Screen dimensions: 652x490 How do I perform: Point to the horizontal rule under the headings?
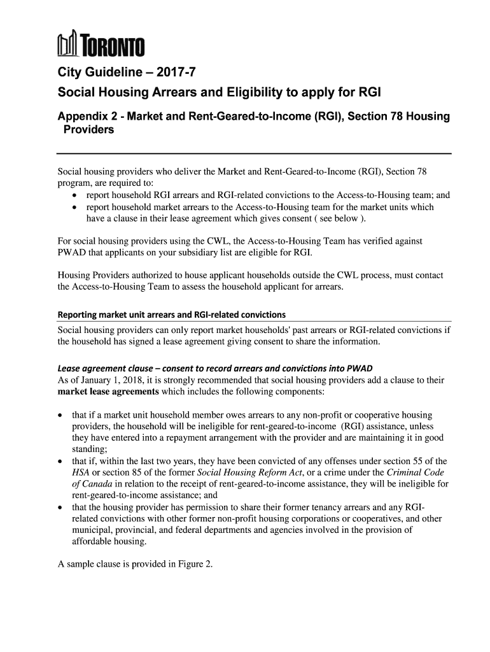tap(254, 154)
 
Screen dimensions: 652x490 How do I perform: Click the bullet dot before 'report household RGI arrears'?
tap(76, 196)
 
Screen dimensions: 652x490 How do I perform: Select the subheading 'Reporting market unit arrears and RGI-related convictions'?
tap(171, 315)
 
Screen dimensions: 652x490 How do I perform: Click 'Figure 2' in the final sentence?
tap(193, 563)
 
